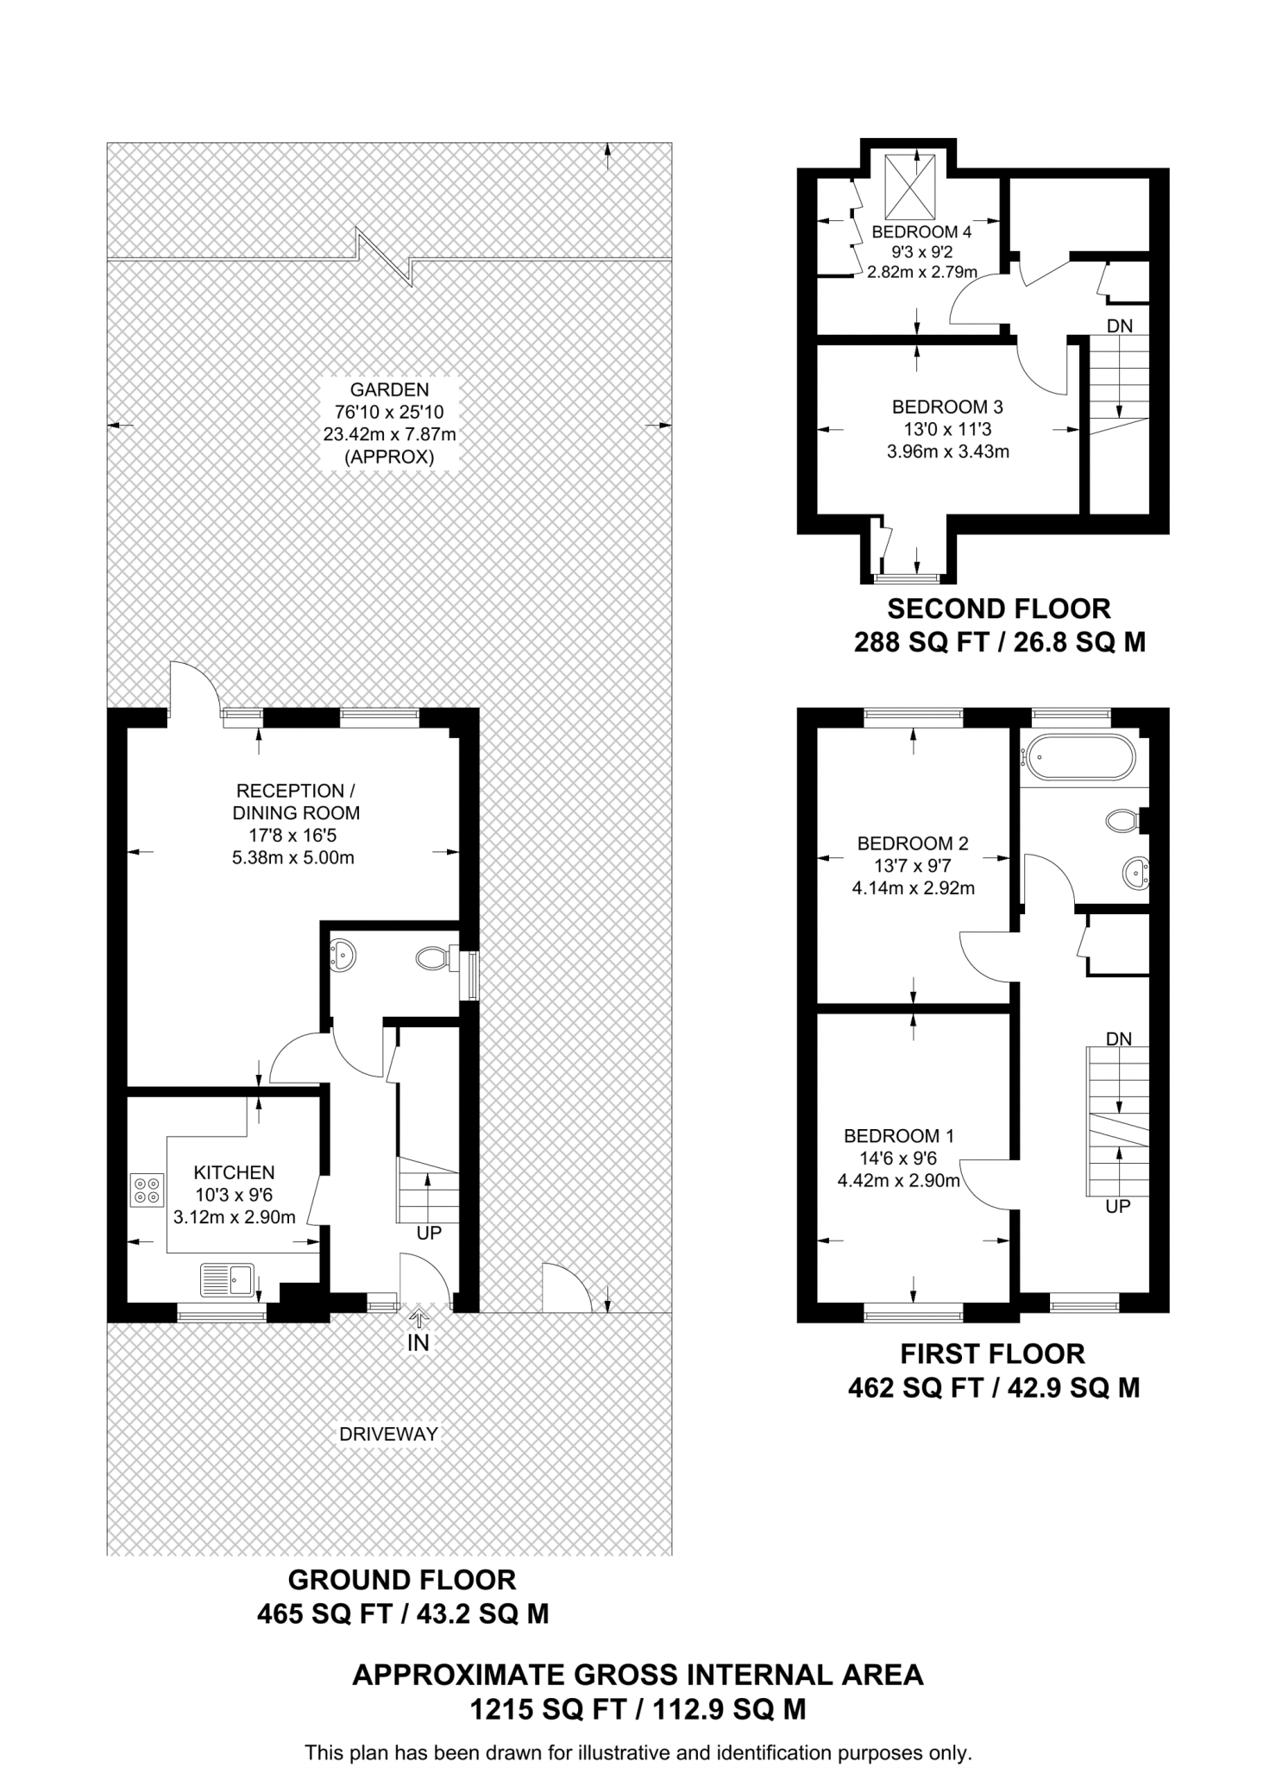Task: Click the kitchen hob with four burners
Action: point(147,1190)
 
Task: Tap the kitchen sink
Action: point(228,1279)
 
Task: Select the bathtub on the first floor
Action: point(1078,757)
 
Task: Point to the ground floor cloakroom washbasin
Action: point(343,954)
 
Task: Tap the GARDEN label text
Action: point(389,389)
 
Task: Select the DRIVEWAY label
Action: point(388,1434)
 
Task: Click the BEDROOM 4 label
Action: point(921,231)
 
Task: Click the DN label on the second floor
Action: point(1119,325)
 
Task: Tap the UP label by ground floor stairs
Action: point(429,1233)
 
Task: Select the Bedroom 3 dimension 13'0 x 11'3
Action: point(946,429)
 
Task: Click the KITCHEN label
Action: point(234,1172)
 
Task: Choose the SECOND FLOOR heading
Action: point(998,609)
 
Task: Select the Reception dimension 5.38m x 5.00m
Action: point(293,858)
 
